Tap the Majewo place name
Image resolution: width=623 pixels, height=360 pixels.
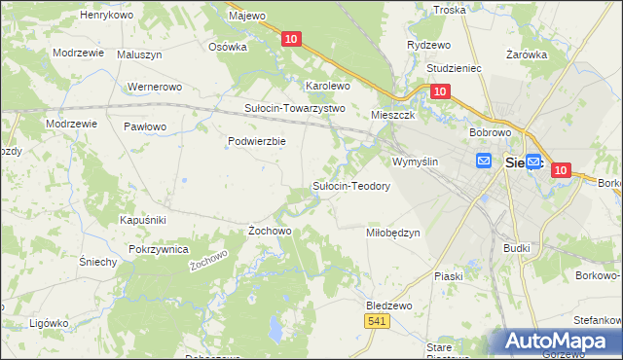point(246,16)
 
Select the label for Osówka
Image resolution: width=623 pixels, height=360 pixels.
point(228,46)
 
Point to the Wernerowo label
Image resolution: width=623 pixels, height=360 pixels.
point(155,87)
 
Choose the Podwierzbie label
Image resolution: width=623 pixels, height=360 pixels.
point(256,141)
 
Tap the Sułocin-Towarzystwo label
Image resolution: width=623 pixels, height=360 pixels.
point(295,108)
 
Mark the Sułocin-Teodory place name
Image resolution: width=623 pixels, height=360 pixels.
point(350,185)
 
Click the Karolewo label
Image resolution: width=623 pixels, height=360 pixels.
point(328,86)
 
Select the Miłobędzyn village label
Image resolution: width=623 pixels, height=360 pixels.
point(392,233)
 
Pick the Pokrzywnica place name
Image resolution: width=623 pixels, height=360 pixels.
point(158,249)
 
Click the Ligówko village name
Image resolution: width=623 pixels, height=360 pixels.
point(49,322)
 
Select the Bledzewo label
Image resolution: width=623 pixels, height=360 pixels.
point(388,305)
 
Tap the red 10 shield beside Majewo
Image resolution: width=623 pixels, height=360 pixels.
point(293,39)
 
